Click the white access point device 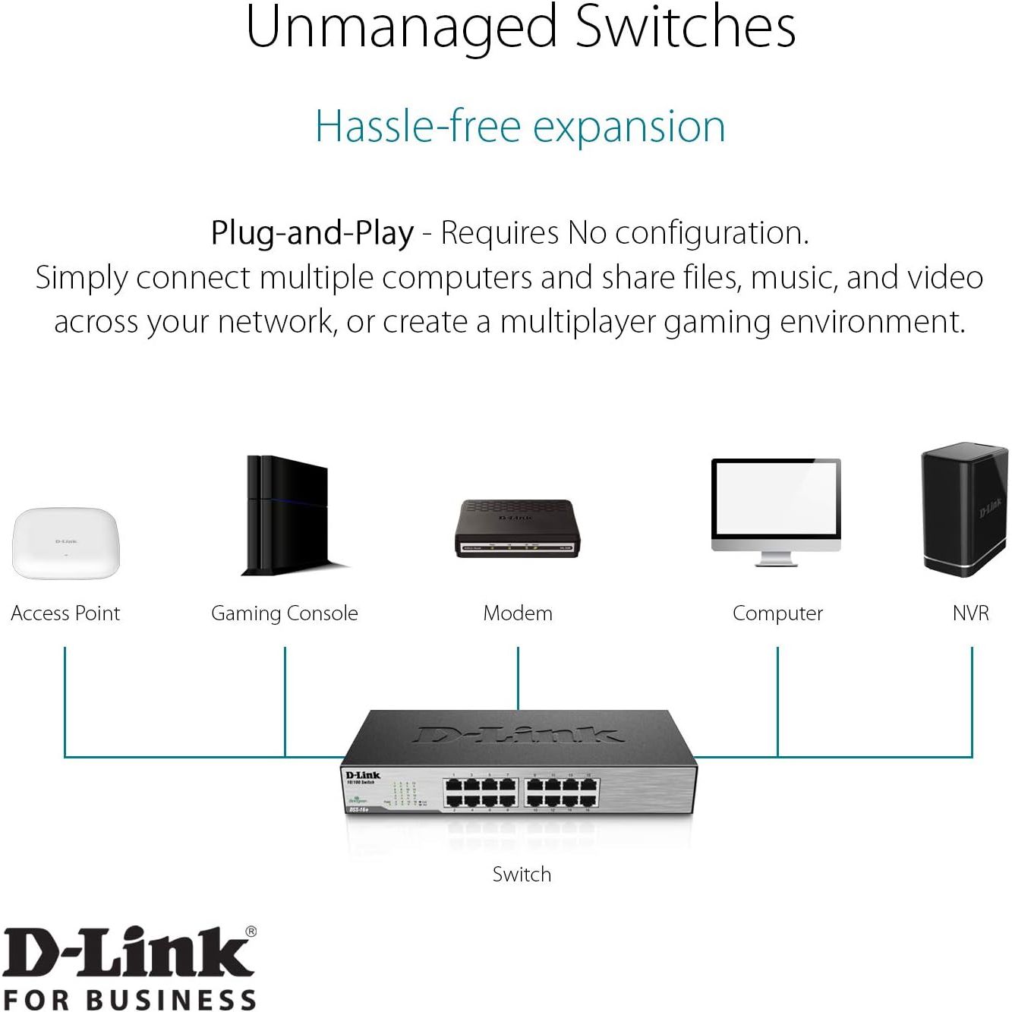pyautogui.click(x=65, y=542)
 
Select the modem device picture pyautogui.click(x=517, y=528)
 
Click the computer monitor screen pyautogui.click(x=775, y=499)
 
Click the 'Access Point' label pyautogui.click(x=65, y=613)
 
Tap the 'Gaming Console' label pyautogui.click(x=284, y=613)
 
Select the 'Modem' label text pyautogui.click(x=518, y=613)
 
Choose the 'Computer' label pyautogui.click(x=777, y=613)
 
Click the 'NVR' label pyautogui.click(x=970, y=613)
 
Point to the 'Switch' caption pyautogui.click(x=522, y=875)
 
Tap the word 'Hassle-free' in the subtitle pyautogui.click(x=418, y=126)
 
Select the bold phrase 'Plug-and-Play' pyautogui.click(x=312, y=233)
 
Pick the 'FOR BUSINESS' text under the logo pyautogui.click(x=129, y=998)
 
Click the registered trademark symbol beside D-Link pyautogui.click(x=251, y=932)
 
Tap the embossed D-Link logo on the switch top pyautogui.click(x=517, y=734)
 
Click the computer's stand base pyautogui.click(x=775, y=563)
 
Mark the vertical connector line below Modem pyautogui.click(x=518, y=678)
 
